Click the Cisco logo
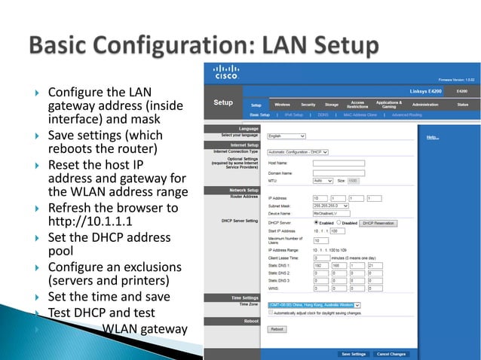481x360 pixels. [x=227, y=75]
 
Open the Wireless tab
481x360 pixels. [x=283, y=104]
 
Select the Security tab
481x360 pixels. [x=308, y=104]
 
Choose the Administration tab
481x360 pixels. [x=425, y=104]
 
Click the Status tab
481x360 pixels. [x=462, y=104]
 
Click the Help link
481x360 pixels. [x=432, y=138]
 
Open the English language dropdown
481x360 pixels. [x=286, y=136]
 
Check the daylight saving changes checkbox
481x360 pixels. [x=272, y=312]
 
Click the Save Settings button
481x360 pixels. [x=354, y=353]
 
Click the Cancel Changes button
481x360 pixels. [x=391, y=353]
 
